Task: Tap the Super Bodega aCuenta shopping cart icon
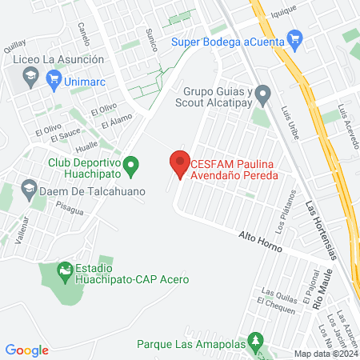tap(294, 37)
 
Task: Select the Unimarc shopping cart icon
tap(54, 78)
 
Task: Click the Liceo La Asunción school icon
tap(30, 77)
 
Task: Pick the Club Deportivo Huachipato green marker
tap(134, 166)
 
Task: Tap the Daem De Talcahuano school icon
tap(30, 189)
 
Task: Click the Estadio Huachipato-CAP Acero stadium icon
tap(64, 272)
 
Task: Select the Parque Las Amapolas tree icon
tap(255, 339)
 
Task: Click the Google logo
tap(26, 350)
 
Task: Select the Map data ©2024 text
tap(325, 354)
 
